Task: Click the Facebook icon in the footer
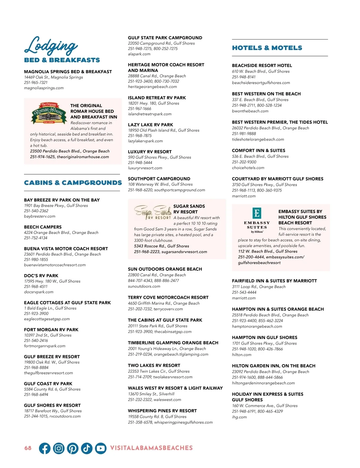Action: [45, 448]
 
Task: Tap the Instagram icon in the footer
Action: [59, 448]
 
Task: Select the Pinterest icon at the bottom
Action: [73, 448]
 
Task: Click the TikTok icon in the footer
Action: [87, 448]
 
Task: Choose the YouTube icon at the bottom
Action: [101, 448]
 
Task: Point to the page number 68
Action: [28, 448]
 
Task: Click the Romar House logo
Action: [49, 113]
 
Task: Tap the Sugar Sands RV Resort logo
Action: [152, 212]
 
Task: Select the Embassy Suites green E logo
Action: [257, 213]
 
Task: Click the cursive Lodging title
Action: [51, 46]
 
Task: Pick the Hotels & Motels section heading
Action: [267, 48]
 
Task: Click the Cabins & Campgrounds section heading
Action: [73, 183]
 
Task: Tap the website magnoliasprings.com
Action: [44, 88]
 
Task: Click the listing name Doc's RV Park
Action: [41, 276]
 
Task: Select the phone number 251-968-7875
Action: [140, 136]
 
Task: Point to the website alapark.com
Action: [139, 54]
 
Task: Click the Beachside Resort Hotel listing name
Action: [262, 65]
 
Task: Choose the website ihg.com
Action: [239, 417]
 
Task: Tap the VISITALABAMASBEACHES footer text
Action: [151, 448]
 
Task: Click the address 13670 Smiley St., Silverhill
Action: [151, 394]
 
